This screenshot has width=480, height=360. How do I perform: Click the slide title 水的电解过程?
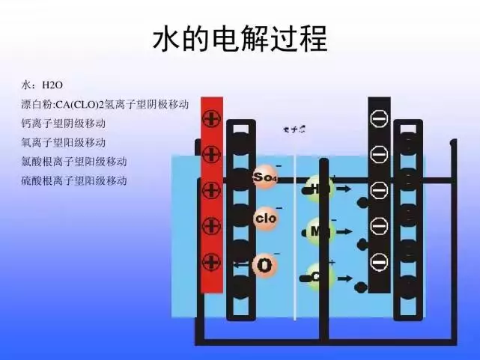pos(240,39)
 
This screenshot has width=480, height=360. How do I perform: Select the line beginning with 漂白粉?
pos(105,104)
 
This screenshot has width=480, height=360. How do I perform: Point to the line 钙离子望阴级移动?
pos(64,123)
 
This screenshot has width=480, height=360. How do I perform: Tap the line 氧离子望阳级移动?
pos(64,142)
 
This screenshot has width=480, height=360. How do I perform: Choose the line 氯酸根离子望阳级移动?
pos(74,161)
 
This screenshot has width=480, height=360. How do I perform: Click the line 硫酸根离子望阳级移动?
pos(74,180)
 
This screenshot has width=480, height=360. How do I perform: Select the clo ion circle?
pos(266,219)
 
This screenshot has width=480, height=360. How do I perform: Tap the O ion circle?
pos(265,265)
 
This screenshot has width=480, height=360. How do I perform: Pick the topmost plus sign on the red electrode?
pos(211,118)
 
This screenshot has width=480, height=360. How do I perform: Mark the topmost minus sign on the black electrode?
pos(379,119)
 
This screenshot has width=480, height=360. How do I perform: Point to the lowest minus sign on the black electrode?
pos(379,262)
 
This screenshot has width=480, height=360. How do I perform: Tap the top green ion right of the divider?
pos(320,188)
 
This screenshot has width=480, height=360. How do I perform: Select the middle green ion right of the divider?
pos(320,231)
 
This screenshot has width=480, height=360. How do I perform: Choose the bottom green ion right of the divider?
pos(319,277)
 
